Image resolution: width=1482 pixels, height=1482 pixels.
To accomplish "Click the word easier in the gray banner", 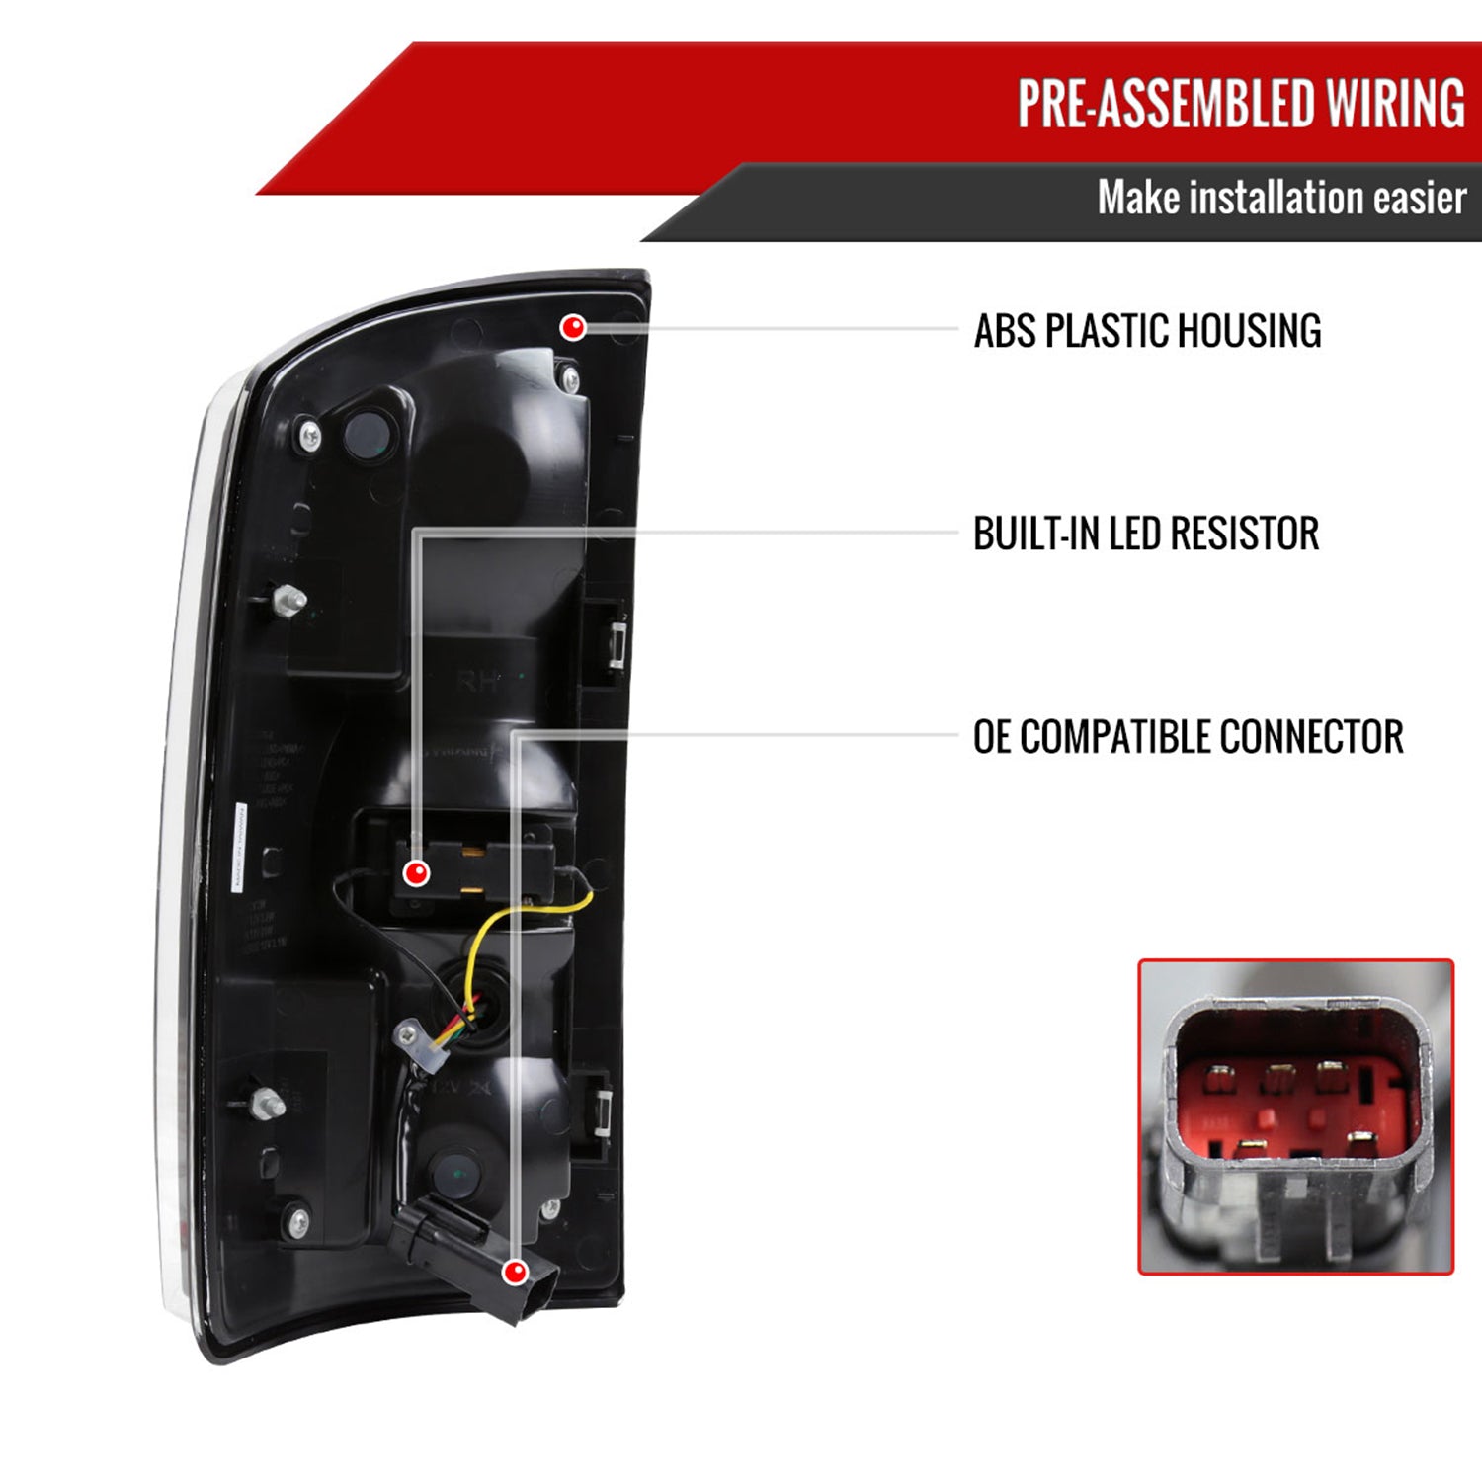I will click(1419, 198).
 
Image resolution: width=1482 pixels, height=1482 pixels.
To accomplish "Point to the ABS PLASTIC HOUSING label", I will click(1147, 331).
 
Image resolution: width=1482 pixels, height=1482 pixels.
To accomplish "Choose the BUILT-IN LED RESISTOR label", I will click(1146, 534).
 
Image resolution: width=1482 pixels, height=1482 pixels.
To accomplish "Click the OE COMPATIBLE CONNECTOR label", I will click(1188, 737).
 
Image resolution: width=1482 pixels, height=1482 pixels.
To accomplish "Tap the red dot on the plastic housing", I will click(573, 327).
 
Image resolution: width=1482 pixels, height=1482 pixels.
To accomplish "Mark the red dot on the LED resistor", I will click(417, 872).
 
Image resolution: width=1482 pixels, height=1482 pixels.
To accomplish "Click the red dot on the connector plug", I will click(514, 1272).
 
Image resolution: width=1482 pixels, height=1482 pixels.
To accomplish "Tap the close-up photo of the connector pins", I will click(1295, 1116).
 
